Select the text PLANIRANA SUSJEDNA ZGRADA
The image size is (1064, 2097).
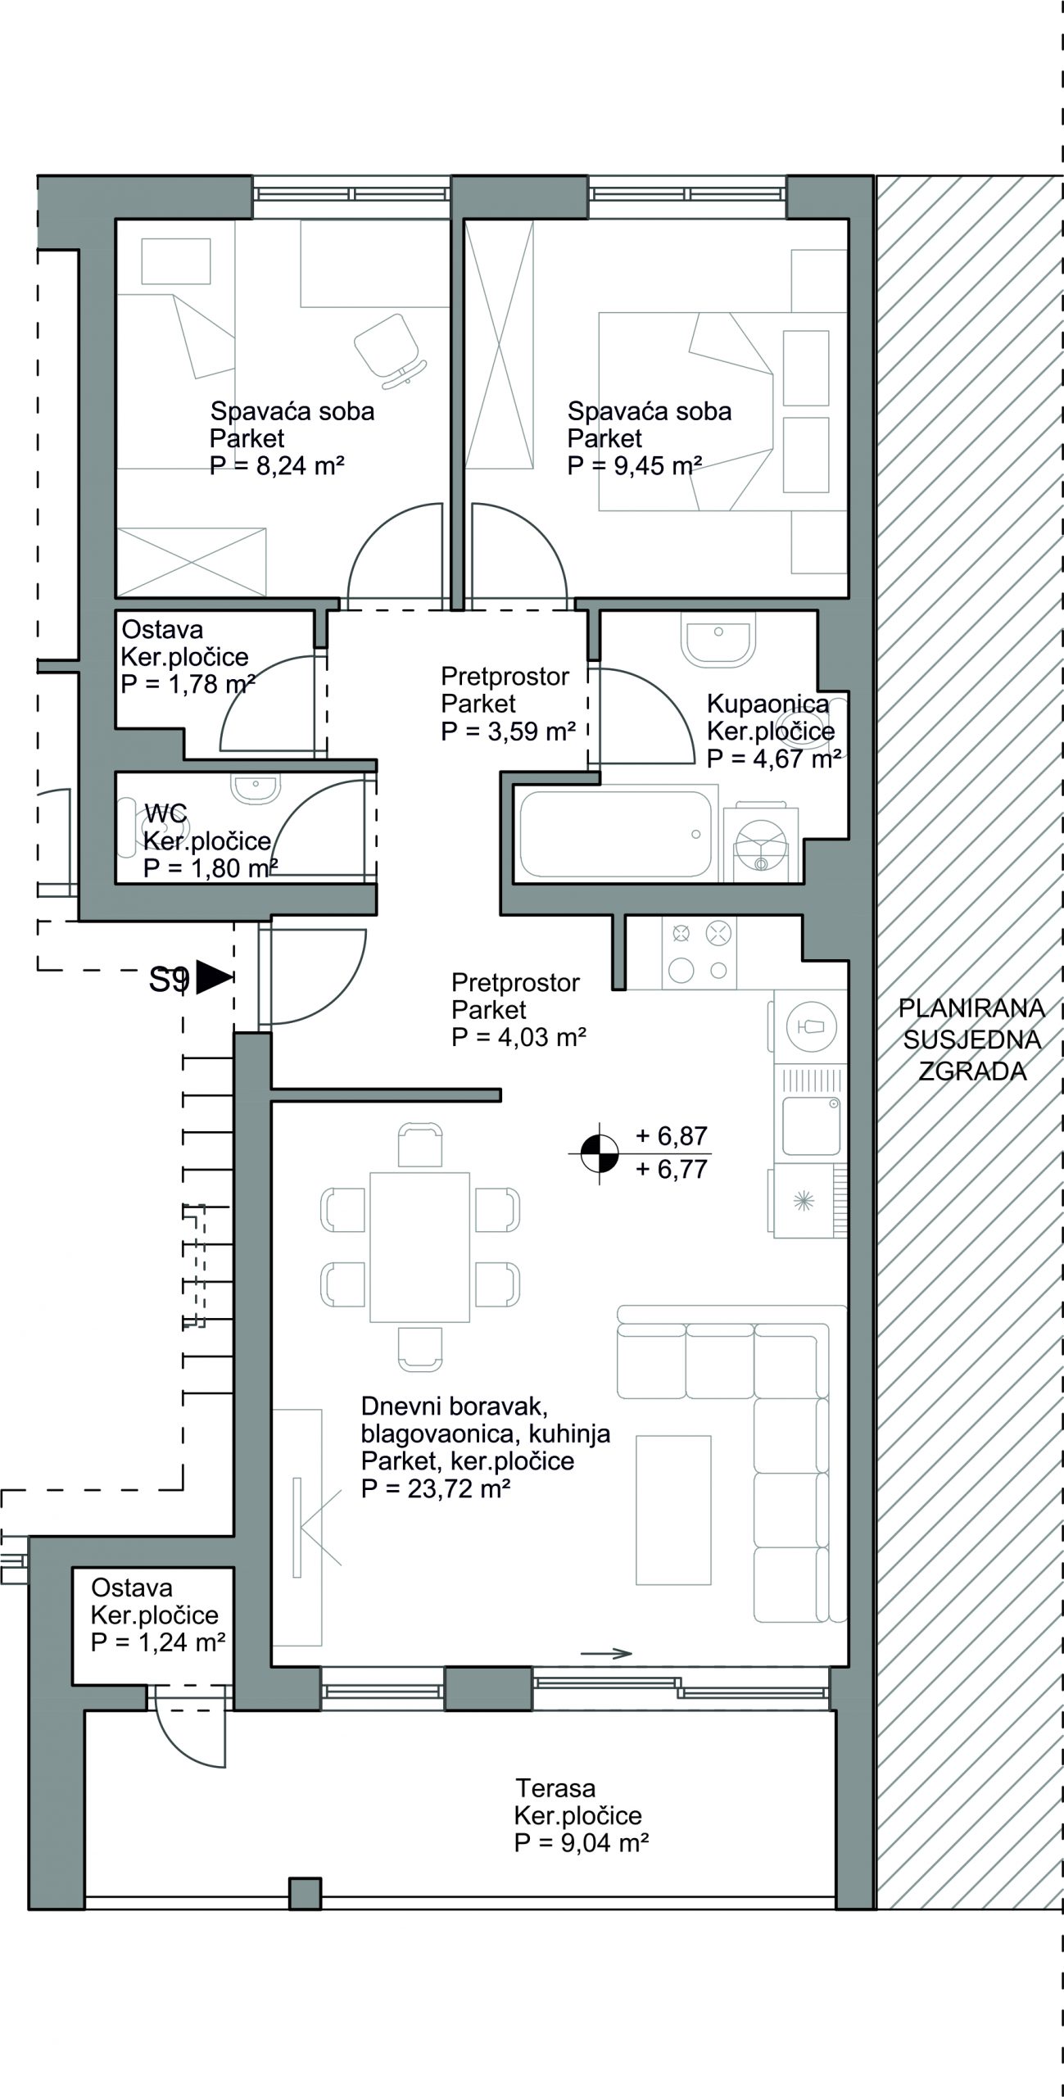pyautogui.click(x=973, y=1039)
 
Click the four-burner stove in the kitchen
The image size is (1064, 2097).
pyautogui.click(x=699, y=952)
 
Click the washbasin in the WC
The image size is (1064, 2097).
pyautogui.click(x=256, y=788)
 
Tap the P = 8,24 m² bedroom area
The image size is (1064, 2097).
pyautogui.click(x=277, y=465)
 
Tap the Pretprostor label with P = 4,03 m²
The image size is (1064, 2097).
pyautogui.click(x=518, y=1010)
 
